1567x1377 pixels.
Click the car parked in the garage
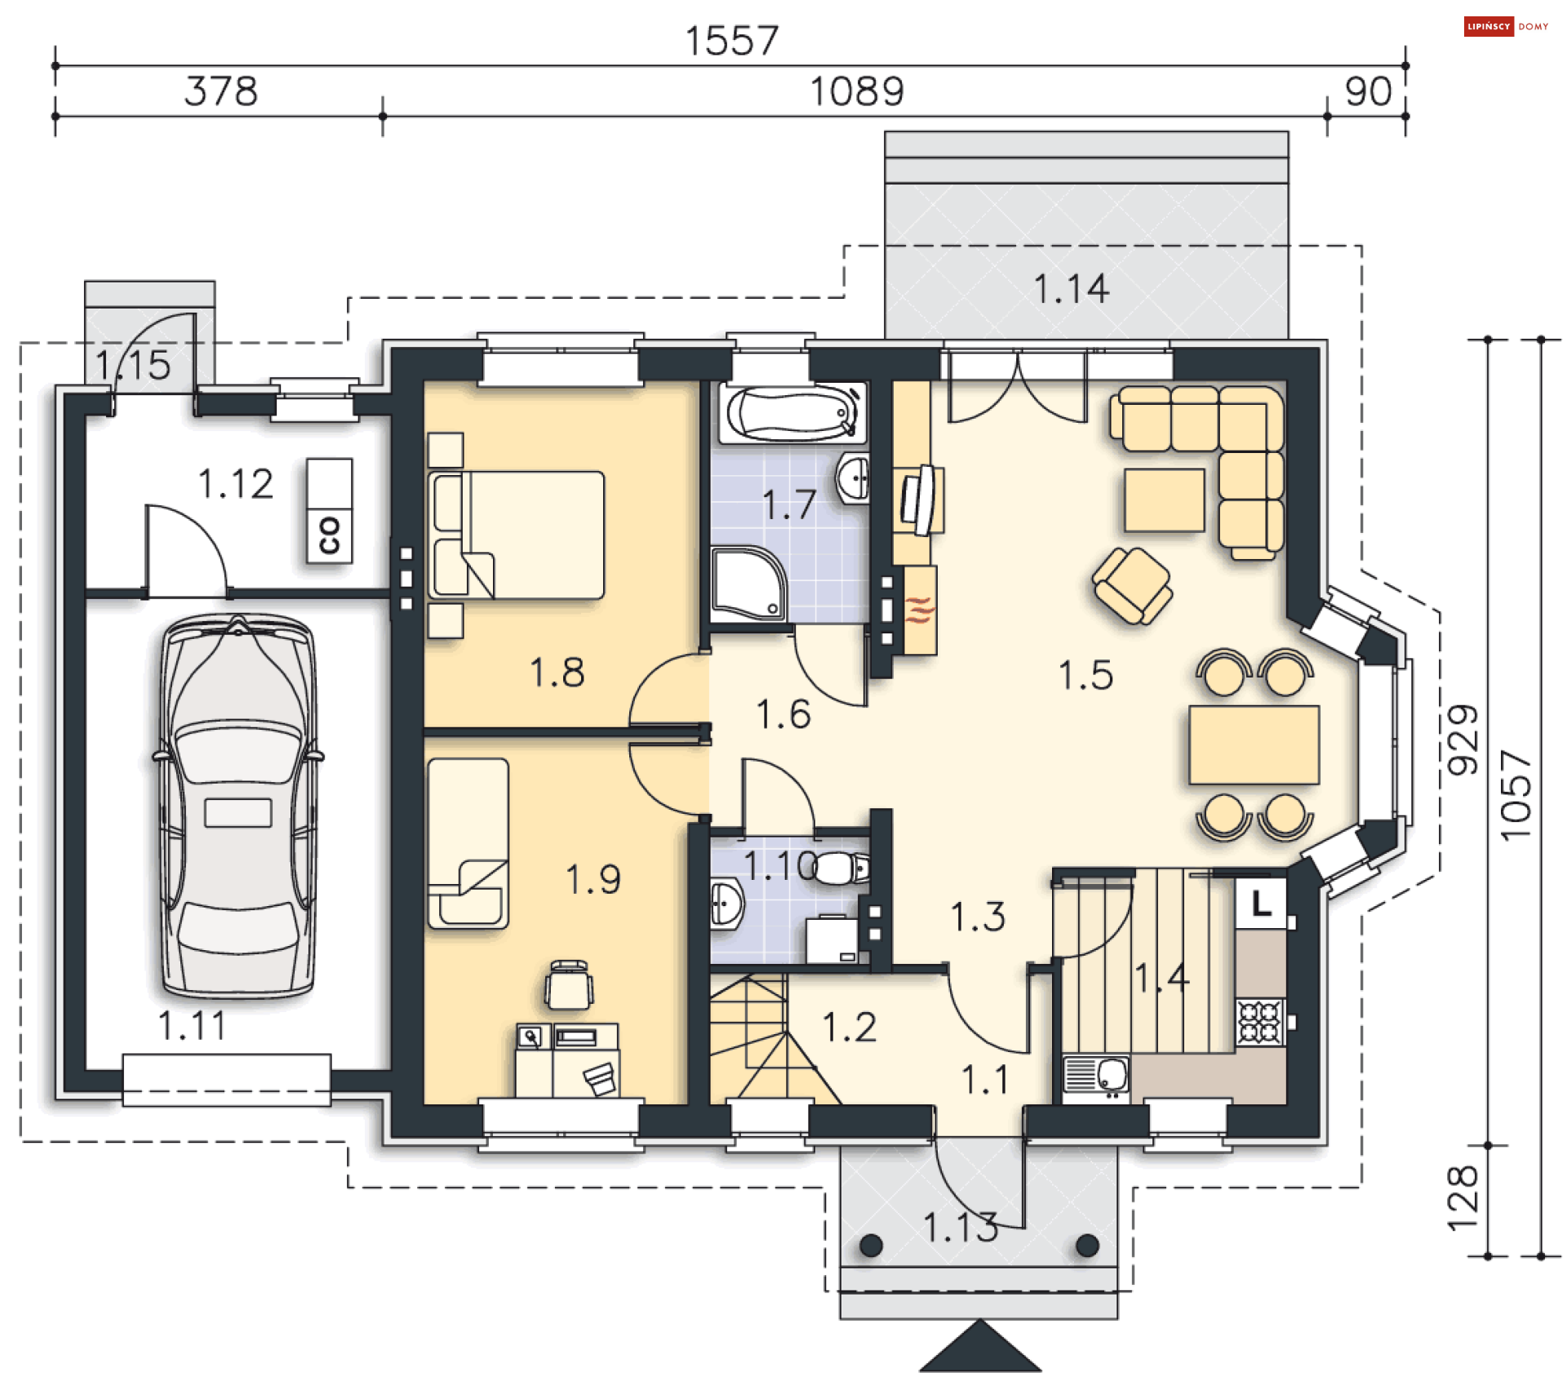pyautogui.click(x=237, y=806)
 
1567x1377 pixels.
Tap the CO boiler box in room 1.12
pyautogui.click(x=330, y=511)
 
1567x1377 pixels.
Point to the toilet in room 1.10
pyautogui.click(x=841, y=868)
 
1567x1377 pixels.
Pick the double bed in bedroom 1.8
pyautogui.click(x=517, y=535)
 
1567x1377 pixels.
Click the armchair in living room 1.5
pyautogui.click(x=1132, y=585)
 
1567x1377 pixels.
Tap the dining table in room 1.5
pyautogui.click(x=1254, y=744)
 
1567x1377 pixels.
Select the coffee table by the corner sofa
pyautogui.click(x=1165, y=500)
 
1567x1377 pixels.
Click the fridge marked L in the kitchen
pyautogui.click(x=1261, y=903)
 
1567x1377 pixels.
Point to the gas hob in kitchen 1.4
pyautogui.click(x=1260, y=1022)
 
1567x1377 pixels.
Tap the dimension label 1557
pyautogui.click(x=732, y=41)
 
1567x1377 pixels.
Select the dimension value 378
pyautogui.click(x=220, y=91)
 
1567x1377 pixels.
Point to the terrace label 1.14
pyautogui.click(x=1072, y=289)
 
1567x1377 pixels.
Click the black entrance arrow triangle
pyautogui.click(x=980, y=1346)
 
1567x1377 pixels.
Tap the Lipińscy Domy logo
pyautogui.click(x=1506, y=27)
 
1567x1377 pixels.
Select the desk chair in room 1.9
pyautogui.click(x=569, y=985)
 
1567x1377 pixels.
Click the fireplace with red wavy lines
pyautogui.click(x=920, y=610)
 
